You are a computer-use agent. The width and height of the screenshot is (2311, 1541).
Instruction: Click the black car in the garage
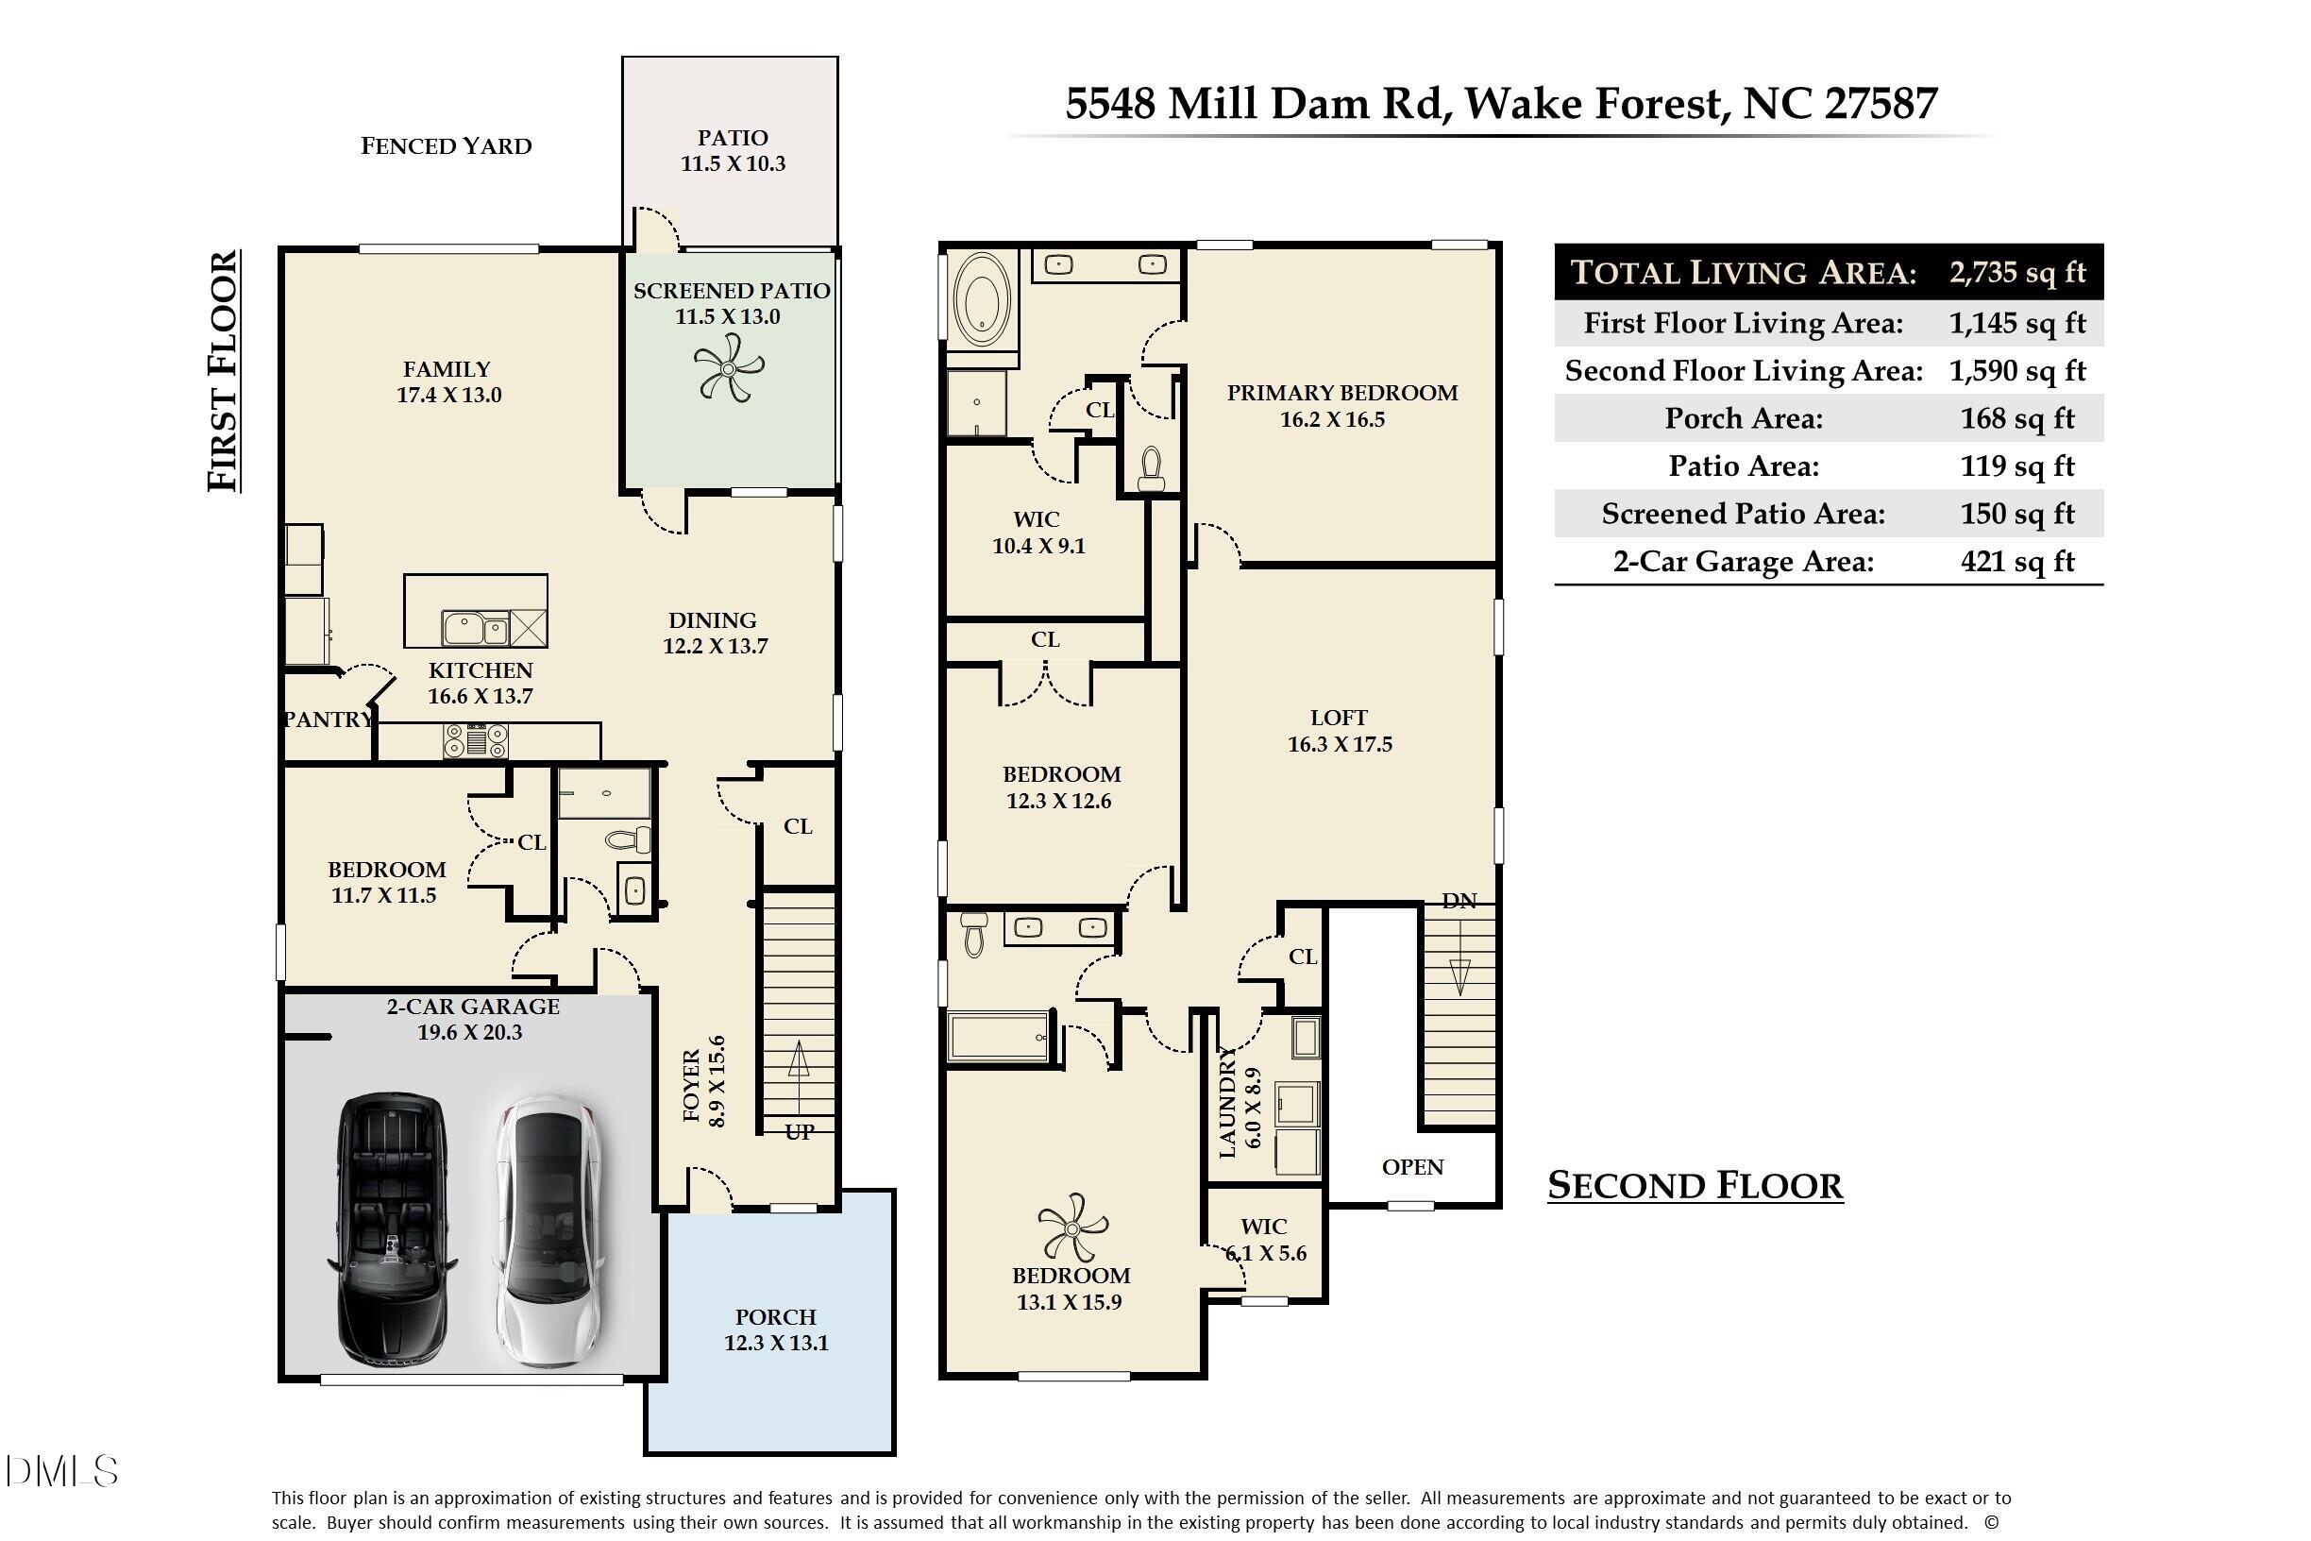[x=391, y=1228]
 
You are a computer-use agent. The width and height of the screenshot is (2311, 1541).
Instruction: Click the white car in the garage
[x=549, y=1230]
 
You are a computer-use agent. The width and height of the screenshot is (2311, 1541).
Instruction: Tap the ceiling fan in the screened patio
[x=729, y=367]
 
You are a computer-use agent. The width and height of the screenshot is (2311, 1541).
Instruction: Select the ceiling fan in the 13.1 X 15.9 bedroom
[x=1072, y=1228]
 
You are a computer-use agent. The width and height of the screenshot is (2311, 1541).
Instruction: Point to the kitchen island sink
[x=476, y=627]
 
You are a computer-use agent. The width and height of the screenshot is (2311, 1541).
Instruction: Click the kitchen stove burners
[x=476, y=740]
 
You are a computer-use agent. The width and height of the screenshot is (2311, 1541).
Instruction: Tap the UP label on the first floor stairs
[x=799, y=1131]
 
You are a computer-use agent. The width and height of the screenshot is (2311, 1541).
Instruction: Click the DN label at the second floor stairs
[x=1459, y=900]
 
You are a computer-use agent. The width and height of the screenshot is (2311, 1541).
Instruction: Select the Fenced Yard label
[x=447, y=146]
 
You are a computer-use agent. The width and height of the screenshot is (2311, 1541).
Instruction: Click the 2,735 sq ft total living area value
[x=2017, y=272]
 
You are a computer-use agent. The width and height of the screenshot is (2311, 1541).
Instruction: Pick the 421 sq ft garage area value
[x=2017, y=561]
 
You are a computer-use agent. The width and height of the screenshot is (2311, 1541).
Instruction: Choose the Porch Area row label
[x=1743, y=418]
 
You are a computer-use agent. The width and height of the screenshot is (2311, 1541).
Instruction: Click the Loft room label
[x=1339, y=718]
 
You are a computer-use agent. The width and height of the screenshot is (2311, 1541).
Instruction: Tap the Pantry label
[x=329, y=720]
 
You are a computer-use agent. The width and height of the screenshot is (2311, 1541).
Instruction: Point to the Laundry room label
[x=1227, y=1102]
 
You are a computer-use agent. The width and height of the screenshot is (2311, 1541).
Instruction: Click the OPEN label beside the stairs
[x=1413, y=1166]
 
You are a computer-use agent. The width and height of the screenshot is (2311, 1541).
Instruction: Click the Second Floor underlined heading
[x=1695, y=1186]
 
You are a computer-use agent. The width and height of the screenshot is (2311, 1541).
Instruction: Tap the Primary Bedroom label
[x=1342, y=393]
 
